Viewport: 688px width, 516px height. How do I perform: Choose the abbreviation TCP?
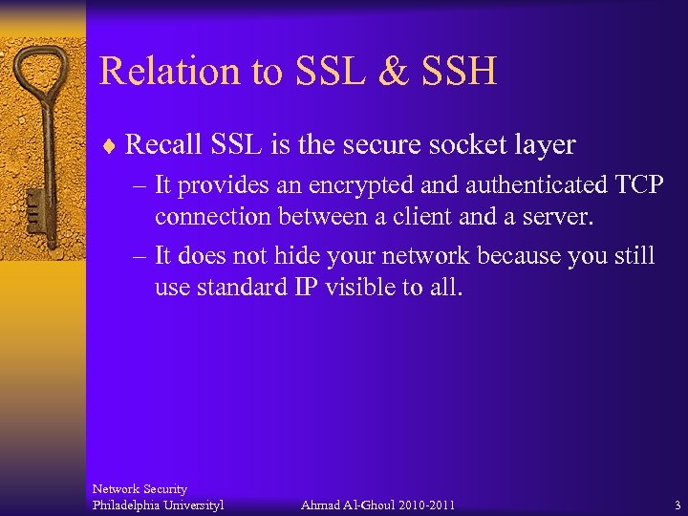click(x=634, y=185)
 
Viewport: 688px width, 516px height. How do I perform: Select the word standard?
click(x=239, y=288)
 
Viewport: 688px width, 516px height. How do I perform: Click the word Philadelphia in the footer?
click(x=128, y=505)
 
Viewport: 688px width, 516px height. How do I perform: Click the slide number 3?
click(x=677, y=505)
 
